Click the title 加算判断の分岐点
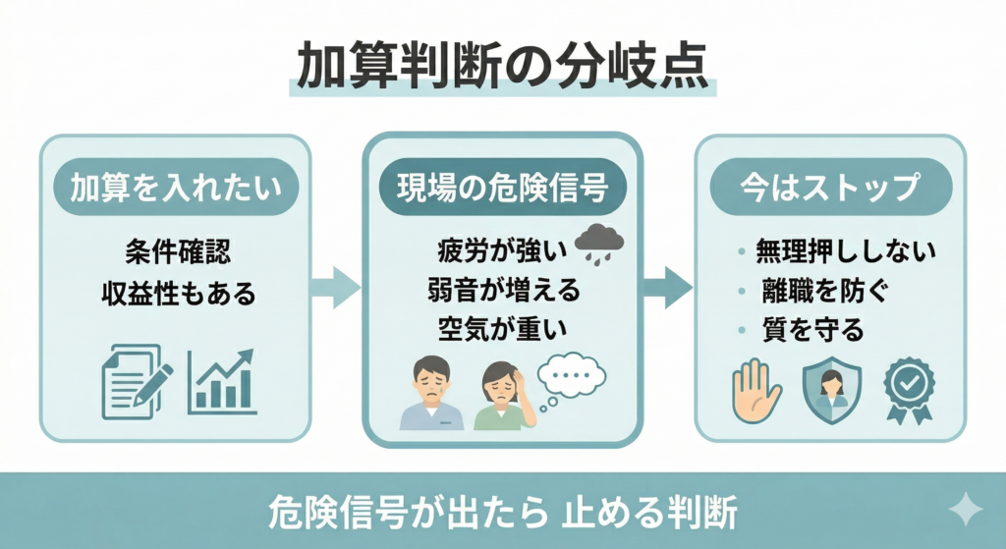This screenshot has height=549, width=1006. click(502, 67)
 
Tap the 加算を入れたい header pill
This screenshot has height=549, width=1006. click(175, 187)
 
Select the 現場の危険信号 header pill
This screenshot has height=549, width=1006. click(502, 187)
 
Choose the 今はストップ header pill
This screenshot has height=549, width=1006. click(830, 187)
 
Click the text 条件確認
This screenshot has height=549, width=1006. click(175, 251)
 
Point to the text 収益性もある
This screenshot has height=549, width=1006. click(175, 293)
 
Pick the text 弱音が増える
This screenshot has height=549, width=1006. click(502, 290)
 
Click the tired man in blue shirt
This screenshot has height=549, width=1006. click(431, 392)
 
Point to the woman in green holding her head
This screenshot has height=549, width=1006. click(505, 395)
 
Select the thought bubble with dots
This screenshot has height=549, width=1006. click(572, 375)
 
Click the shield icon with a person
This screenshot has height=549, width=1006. click(831, 391)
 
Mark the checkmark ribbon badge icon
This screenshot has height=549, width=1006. click(907, 391)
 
